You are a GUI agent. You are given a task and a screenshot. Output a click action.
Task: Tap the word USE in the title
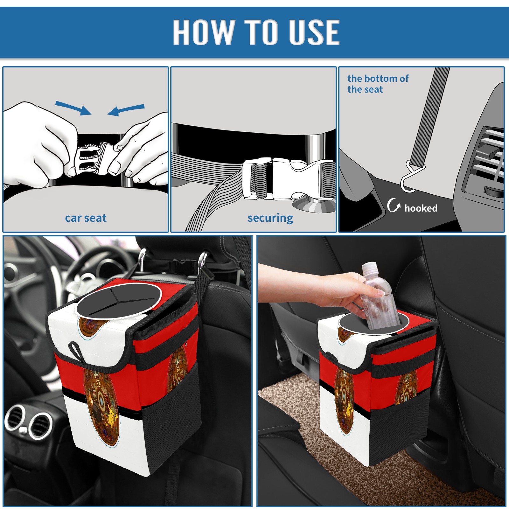tap(311, 32)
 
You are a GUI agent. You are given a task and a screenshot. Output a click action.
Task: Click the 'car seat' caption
tap(86, 218)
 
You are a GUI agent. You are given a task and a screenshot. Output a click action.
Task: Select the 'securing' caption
tap(270, 218)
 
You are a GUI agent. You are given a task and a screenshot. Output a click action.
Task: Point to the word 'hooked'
tap(421, 208)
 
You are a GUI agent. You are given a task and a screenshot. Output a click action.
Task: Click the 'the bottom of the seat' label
tap(378, 84)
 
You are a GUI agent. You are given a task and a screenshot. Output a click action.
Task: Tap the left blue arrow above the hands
tap(73, 108)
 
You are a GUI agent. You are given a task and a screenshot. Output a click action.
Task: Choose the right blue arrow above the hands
tap(126, 110)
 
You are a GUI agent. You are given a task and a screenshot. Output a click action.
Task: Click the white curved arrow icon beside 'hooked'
tap(394, 205)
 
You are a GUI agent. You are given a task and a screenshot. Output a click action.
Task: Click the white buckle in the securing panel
tap(283, 179)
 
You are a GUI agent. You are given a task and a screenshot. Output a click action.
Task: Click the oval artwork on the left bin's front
tap(101, 407)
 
